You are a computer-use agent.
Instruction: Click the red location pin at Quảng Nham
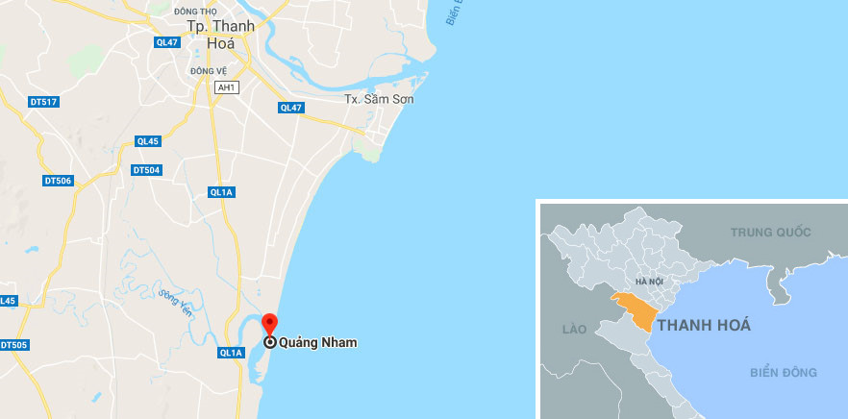click(x=270, y=325)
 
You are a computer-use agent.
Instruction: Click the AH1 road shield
click(x=227, y=87)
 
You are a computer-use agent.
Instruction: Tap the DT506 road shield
click(x=59, y=180)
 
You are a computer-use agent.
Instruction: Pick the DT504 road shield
click(x=146, y=170)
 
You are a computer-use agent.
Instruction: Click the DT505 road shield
click(x=13, y=345)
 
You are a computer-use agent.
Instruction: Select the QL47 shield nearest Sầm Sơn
click(x=290, y=108)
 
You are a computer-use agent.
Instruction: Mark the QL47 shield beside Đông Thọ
click(x=167, y=42)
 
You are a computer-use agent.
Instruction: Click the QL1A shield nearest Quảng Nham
click(x=231, y=353)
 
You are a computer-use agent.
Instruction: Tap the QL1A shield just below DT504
click(x=222, y=192)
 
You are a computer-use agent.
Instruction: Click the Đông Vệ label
click(x=207, y=71)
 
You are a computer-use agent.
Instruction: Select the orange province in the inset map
click(x=635, y=309)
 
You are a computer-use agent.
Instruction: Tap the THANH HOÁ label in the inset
click(x=704, y=325)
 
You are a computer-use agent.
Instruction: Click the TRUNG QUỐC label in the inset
click(x=770, y=233)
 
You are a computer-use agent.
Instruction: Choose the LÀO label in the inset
click(x=574, y=330)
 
